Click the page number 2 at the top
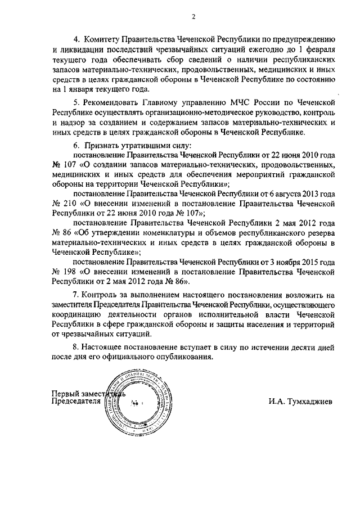tap(192, 16)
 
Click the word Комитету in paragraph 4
tap(106, 39)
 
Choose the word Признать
tap(100, 145)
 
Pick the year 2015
tap(310, 262)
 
